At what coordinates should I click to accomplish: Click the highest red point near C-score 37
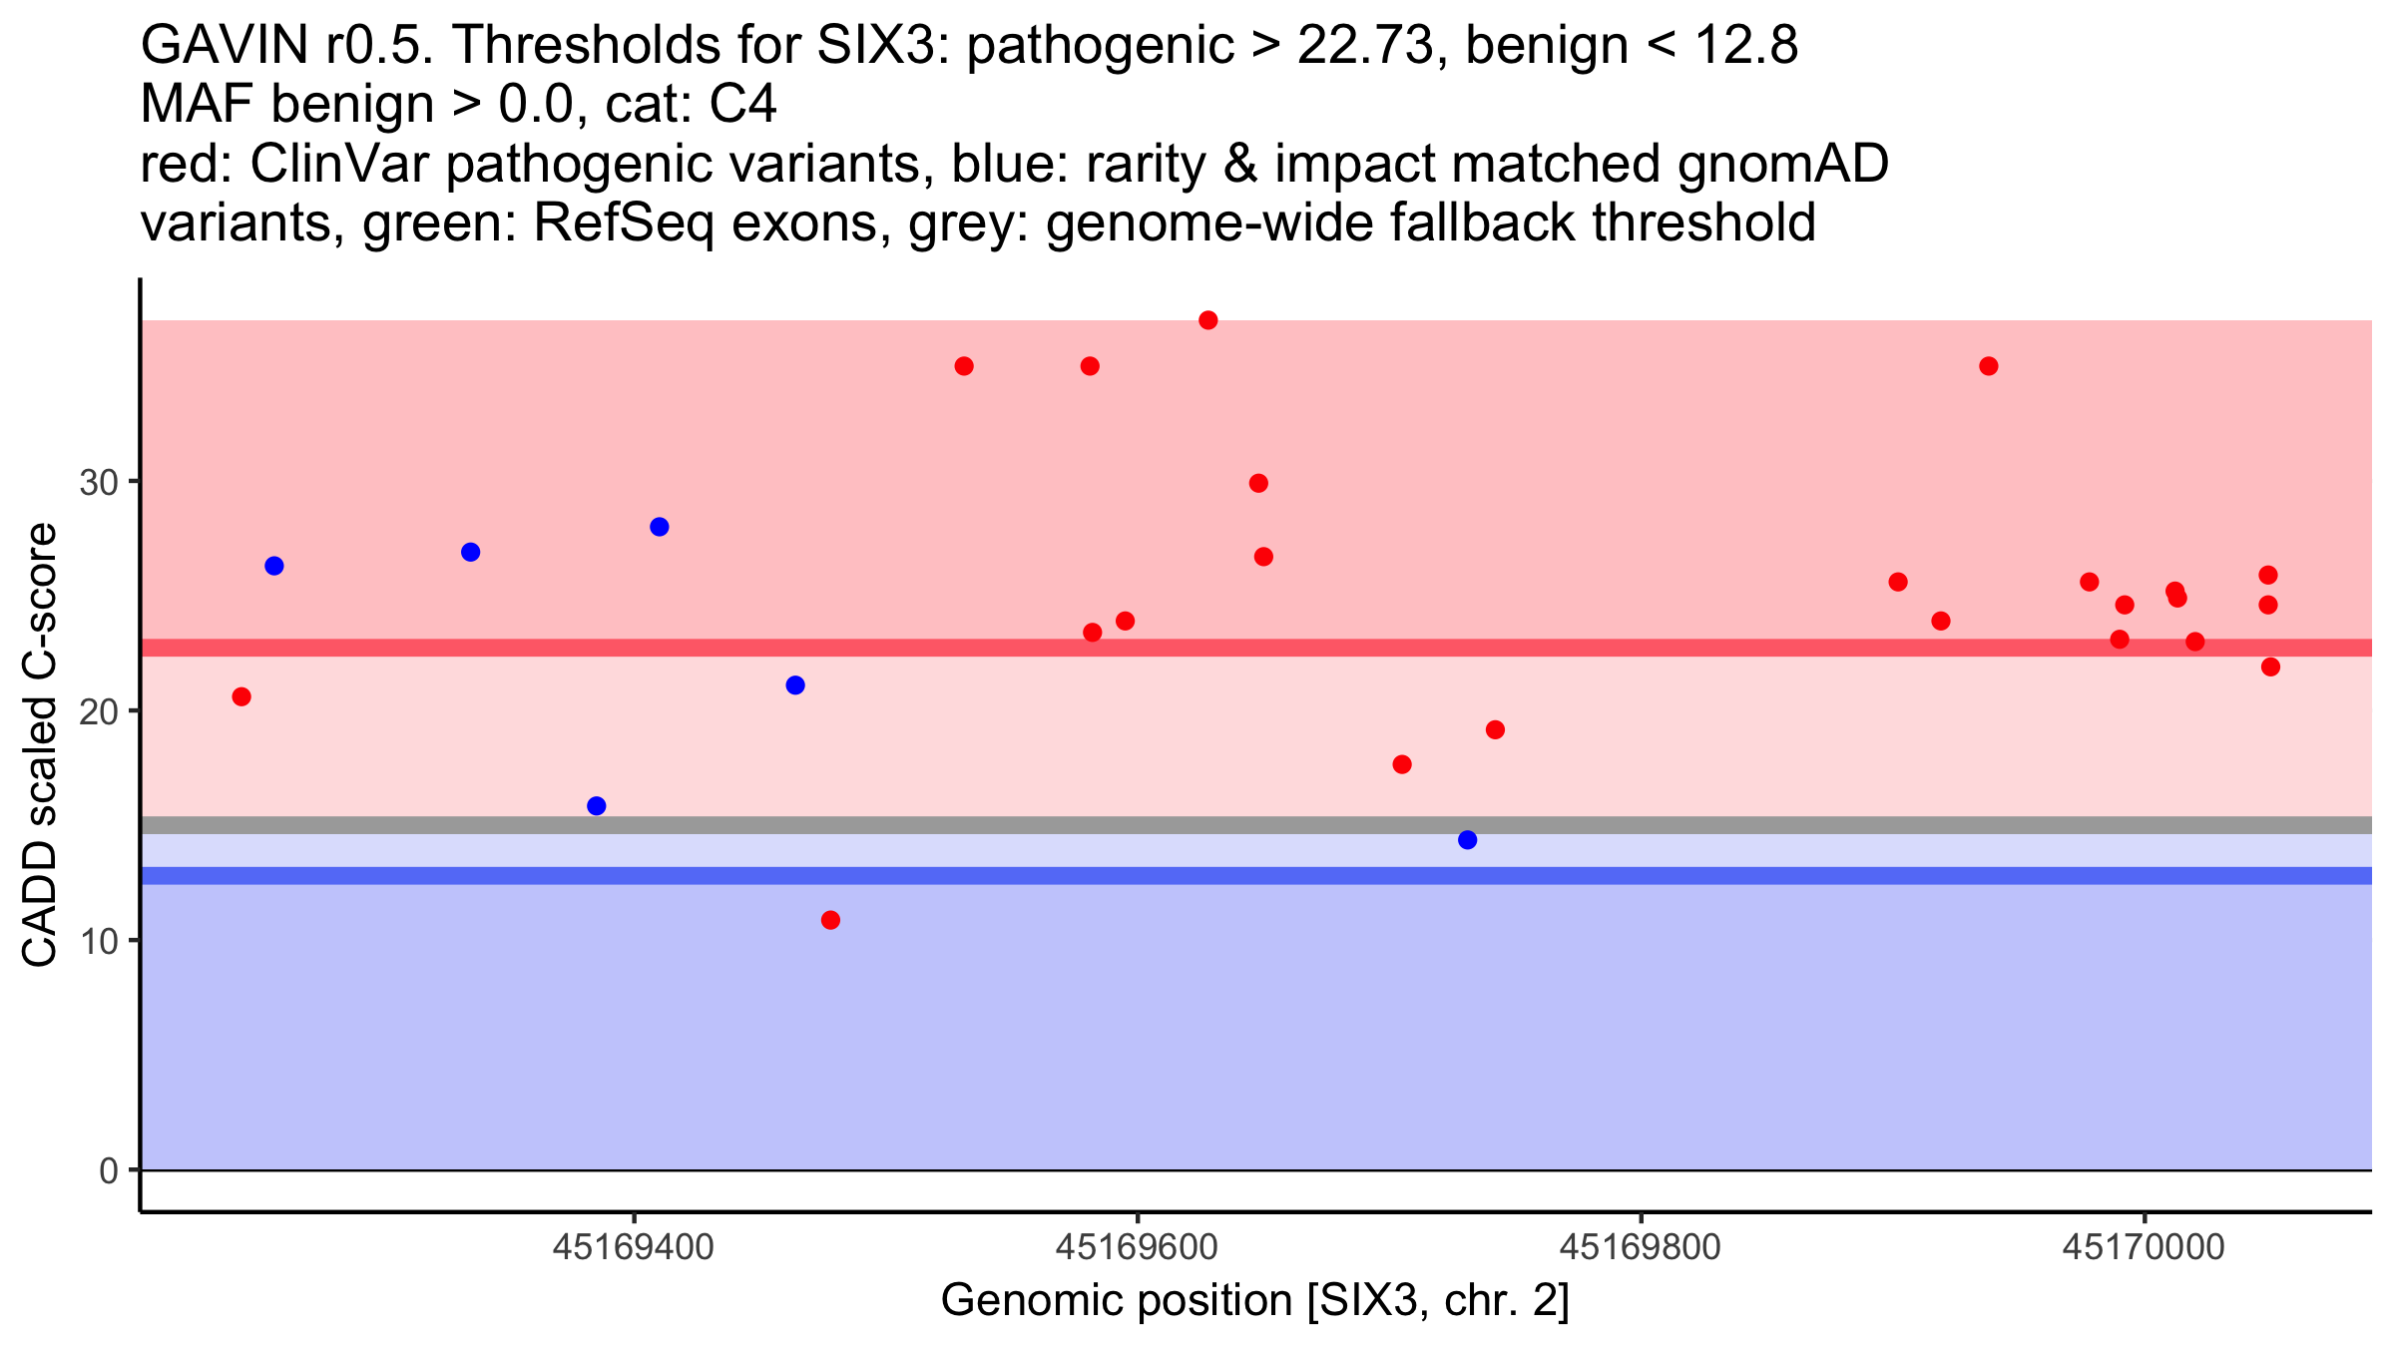(x=1207, y=320)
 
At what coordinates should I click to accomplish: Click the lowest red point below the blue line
(x=830, y=920)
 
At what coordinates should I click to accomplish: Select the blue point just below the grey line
(x=1467, y=840)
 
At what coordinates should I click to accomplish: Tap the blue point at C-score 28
(x=659, y=527)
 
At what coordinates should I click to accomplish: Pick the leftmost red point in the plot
(x=241, y=696)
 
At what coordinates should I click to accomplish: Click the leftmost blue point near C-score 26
(x=274, y=566)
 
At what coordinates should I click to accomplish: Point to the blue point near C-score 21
(x=795, y=685)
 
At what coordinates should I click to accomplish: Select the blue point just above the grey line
(x=597, y=806)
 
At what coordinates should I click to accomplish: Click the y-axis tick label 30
(x=99, y=483)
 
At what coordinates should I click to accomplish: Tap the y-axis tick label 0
(x=109, y=1170)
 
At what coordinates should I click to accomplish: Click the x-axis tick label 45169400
(x=633, y=1247)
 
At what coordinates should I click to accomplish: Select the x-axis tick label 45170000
(x=2144, y=1247)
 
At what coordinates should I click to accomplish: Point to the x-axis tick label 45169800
(x=1640, y=1247)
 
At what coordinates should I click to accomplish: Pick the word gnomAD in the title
(x=1782, y=165)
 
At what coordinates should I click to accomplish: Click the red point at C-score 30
(x=1258, y=483)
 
